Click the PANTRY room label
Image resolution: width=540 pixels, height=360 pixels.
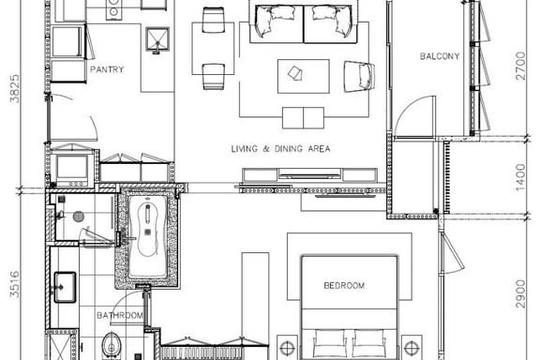pos(107,69)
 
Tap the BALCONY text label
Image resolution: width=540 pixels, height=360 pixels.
pos(440,56)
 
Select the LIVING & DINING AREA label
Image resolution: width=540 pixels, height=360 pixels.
pos(280,149)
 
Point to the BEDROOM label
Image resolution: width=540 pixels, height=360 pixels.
pos(344,285)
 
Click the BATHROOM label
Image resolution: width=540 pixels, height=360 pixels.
pos(120,315)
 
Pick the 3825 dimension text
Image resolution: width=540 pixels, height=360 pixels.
pos(15,88)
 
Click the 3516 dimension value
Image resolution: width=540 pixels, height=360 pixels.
pos(15,284)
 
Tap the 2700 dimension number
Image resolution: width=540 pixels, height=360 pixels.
pos(520,66)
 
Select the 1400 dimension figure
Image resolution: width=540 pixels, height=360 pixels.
pos(520,177)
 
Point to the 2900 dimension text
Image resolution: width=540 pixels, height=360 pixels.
pos(520,293)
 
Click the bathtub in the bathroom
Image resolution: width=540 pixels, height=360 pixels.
pos(148,236)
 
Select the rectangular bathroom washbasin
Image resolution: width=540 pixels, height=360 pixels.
pos(65,287)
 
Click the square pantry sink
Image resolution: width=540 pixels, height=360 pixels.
pos(157,39)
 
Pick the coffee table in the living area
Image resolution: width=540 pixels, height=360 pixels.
pos(304,76)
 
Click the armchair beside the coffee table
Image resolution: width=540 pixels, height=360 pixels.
pos(359,77)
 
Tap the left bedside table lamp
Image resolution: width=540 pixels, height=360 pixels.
pos(287,349)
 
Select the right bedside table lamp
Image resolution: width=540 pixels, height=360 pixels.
pos(412,349)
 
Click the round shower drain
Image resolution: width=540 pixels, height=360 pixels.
pos(79,217)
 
